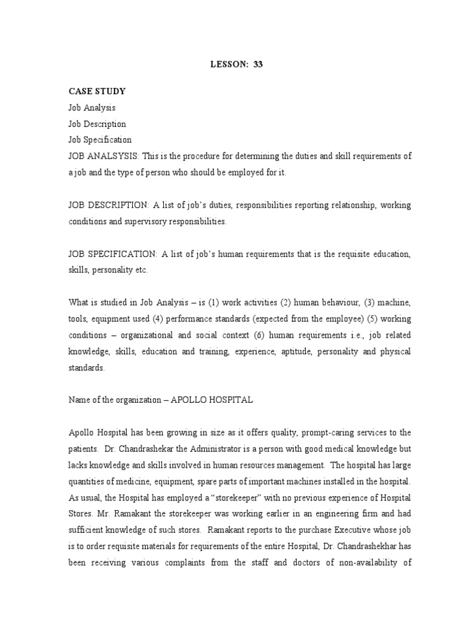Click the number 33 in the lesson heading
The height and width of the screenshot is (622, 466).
[x=257, y=64]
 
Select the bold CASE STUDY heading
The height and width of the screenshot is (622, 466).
[x=96, y=91]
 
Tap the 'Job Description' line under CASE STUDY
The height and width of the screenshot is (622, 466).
[x=97, y=124]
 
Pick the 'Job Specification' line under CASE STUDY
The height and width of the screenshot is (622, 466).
[x=100, y=140]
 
